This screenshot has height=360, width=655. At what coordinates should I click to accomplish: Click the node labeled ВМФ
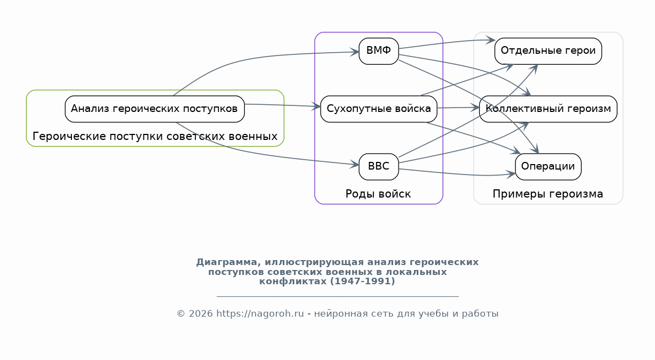click(x=378, y=51)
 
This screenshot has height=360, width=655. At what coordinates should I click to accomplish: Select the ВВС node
click(x=378, y=167)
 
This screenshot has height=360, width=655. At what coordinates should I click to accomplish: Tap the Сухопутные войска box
click(x=378, y=109)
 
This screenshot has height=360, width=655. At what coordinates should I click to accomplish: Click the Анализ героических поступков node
click(x=154, y=109)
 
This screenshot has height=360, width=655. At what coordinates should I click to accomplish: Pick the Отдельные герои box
click(x=548, y=51)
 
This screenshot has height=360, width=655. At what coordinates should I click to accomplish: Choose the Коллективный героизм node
click(x=548, y=109)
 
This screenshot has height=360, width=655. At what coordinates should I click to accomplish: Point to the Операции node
click(x=548, y=167)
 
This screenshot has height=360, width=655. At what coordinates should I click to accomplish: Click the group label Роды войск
click(x=378, y=194)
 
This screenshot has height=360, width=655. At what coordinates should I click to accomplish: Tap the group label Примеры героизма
click(x=547, y=194)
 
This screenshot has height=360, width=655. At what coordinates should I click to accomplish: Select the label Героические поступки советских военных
click(x=155, y=136)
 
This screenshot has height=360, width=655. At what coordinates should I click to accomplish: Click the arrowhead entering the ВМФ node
click(x=356, y=52)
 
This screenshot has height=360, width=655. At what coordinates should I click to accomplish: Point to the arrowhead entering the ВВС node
click(x=356, y=165)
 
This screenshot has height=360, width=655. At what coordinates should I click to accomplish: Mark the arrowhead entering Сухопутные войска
click(x=317, y=106)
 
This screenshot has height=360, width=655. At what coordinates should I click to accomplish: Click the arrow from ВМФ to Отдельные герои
click(x=445, y=43)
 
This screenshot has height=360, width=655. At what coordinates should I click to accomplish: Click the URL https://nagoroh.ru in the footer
click(x=260, y=314)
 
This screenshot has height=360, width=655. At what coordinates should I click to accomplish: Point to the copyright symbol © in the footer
click(x=180, y=314)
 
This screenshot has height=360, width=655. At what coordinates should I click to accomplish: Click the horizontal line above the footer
click(x=337, y=296)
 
